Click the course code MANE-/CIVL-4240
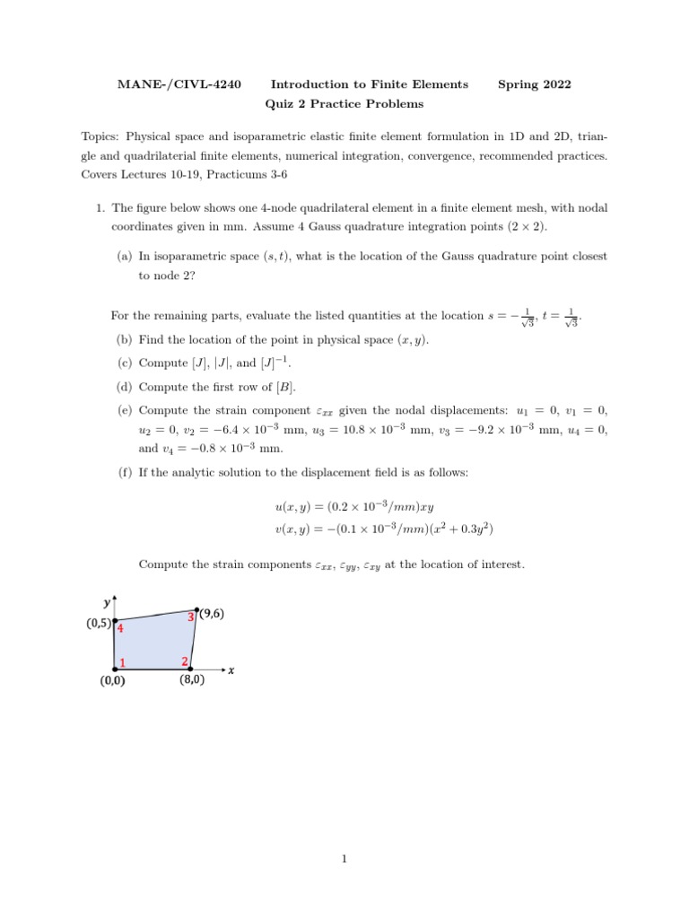click(179, 84)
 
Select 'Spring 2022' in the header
click(534, 84)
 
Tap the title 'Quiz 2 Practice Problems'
click(344, 104)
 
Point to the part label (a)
click(124, 257)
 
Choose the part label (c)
click(124, 363)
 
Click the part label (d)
click(124, 387)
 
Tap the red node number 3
click(190, 617)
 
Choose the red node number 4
click(119, 629)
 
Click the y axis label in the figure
click(106, 602)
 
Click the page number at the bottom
click(344, 859)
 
